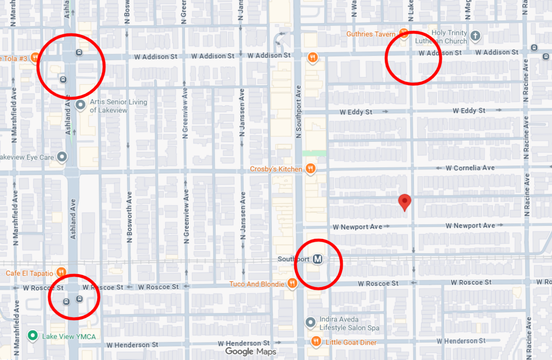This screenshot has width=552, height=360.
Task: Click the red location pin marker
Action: click(404, 202)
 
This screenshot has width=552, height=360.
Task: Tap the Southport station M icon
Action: click(318, 260)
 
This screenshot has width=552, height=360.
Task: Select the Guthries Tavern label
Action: click(371, 34)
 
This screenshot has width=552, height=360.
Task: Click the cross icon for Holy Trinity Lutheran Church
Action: click(475, 36)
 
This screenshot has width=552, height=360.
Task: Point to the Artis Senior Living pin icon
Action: click(81, 105)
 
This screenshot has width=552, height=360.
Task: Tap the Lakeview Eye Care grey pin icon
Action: click(62, 157)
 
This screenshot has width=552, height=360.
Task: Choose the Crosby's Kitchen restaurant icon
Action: click(310, 169)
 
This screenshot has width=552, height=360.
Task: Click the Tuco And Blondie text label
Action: click(257, 284)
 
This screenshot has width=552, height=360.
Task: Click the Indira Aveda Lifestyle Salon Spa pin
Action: click(310, 322)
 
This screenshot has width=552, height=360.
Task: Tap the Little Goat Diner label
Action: click(351, 342)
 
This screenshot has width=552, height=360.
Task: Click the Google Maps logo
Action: click(250, 351)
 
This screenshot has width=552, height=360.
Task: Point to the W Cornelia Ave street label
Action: click(470, 168)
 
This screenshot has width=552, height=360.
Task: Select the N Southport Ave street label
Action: click(299, 111)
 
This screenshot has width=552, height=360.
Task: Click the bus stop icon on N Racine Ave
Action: click(534, 47)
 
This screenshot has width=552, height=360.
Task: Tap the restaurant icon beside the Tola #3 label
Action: click(34, 58)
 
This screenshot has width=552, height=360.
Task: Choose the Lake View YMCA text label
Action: click(69, 336)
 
